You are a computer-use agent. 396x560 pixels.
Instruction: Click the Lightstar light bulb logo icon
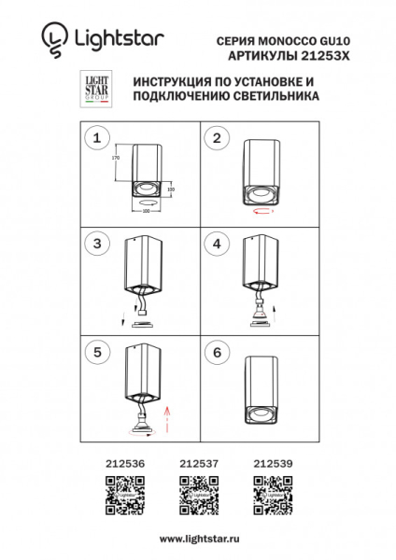pos(54,38)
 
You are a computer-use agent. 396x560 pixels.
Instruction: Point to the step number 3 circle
pos(94,245)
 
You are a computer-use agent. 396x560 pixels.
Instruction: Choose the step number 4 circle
pos(218,245)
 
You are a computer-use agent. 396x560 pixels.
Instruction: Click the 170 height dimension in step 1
pos(117,160)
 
